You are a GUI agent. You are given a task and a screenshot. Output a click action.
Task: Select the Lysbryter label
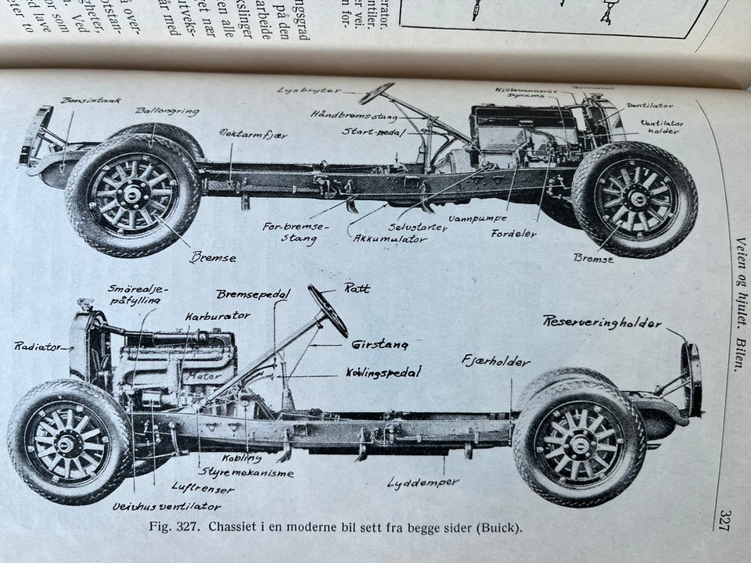click(309, 90)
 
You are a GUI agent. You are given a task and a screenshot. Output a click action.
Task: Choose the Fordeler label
click(514, 233)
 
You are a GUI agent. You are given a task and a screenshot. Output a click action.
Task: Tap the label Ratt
click(357, 288)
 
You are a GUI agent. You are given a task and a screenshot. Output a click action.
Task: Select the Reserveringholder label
click(602, 322)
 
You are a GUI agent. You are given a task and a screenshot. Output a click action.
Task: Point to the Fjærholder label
click(496, 361)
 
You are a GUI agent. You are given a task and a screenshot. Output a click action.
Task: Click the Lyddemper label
click(423, 482)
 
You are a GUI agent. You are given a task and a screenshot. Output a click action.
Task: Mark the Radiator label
click(37, 346)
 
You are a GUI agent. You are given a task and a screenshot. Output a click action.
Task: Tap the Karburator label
click(217, 316)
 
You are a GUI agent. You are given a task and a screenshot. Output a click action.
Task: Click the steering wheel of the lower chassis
click(328, 310)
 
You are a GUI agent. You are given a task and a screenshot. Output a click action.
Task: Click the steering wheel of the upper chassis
click(376, 94)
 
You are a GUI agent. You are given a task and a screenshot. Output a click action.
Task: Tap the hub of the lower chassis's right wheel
click(579, 443)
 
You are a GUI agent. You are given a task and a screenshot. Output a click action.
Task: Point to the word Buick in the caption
click(495, 527)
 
